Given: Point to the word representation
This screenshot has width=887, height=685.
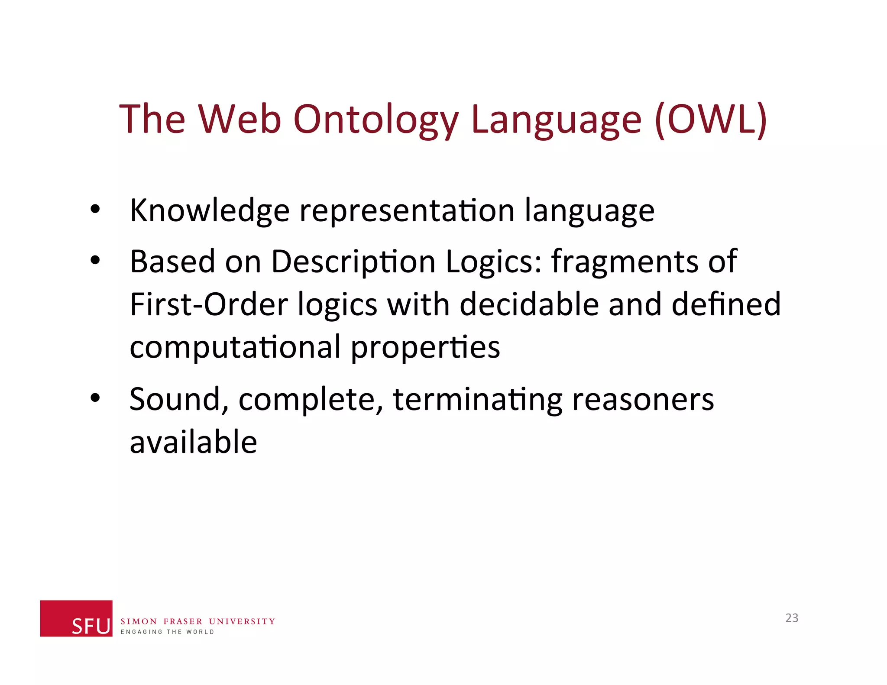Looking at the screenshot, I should (407, 211).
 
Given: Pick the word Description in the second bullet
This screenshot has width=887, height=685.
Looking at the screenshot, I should (353, 262).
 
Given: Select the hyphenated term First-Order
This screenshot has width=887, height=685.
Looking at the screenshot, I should (209, 304).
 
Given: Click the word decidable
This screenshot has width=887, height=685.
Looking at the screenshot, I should (529, 304).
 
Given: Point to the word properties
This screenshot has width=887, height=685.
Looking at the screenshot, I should (425, 348).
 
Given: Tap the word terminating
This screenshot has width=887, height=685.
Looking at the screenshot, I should (477, 399).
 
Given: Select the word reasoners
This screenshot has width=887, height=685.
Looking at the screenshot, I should (643, 399).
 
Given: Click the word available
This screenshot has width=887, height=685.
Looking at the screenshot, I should (193, 442).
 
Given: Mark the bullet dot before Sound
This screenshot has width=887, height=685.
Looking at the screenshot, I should (95, 397).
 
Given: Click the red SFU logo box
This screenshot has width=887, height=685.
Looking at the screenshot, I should (76, 618).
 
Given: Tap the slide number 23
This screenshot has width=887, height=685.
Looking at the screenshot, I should (792, 618).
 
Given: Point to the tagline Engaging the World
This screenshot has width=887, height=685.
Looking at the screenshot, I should (167, 632).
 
